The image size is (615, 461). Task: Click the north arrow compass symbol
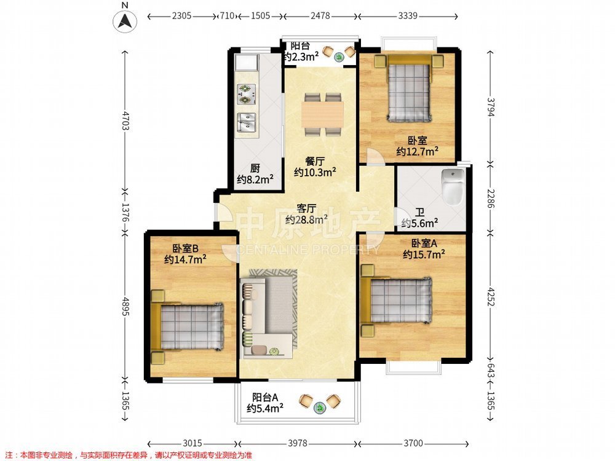pyautogui.click(x=125, y=20)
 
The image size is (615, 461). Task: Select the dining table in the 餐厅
pyautogui.click(x=322, y=114)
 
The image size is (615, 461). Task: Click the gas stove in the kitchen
pyautogui.click(x=246, y=95)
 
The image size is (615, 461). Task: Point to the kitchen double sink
pyautogui.click(x=247, y=122)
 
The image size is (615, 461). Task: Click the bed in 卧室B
pyautogui.click(x=188, y=327)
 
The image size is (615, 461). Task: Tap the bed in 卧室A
pyautogui.click(x=396, y=301)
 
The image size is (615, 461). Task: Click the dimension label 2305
pyautogui.click(x=181, y=16)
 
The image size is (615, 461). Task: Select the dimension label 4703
pyautogui.click(x=125, y=120)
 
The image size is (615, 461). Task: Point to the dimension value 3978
pyautogui.click(x=298, y=443)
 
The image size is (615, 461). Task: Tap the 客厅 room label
pyautogui.click(x=306, y=208)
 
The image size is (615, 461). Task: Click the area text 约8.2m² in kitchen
pyautogui.click(x=255, y=180)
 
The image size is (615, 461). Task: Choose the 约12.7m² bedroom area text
pyautogui.click(x=417, y=151)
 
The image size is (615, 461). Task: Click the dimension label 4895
pyautogui.click(x=125, y=305)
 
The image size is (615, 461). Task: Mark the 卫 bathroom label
pyautogui.click(x=419, y=213)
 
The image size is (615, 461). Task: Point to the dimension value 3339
pyautogui.click(x=408, y=16)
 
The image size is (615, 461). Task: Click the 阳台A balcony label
pyautogui.click(x=265, y=397)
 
